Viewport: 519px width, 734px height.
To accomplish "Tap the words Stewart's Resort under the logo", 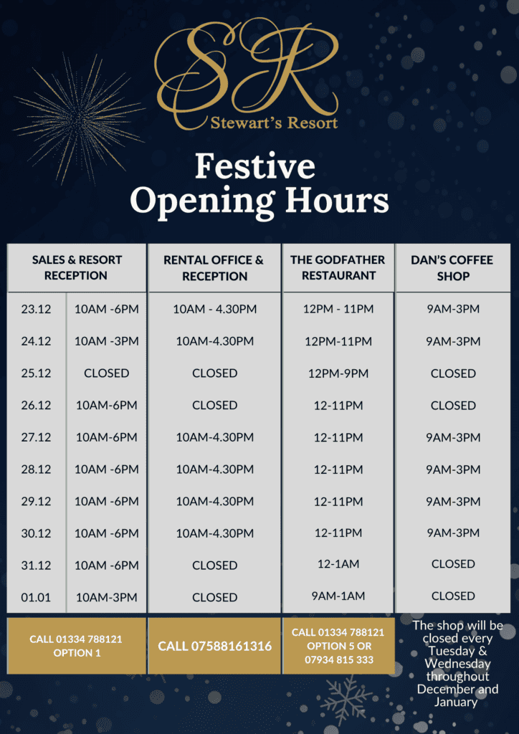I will pyautogui.click(x=274, y=123).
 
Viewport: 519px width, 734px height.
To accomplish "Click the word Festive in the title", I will pyautogui.click(x=255, y=166).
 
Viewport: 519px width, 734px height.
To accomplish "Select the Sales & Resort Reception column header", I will pyautogui.click(x=77, y=267).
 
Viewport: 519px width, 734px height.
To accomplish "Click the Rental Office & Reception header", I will pyautogui.click(x=214, y=267).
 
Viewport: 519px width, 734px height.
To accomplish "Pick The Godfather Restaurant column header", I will pyautogui.click(x=338, y=267).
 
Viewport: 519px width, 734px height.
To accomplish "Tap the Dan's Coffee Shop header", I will pyautogui.click(x=452, y=267).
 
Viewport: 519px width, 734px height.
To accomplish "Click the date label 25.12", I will pyautogui.click(x=36, y=373).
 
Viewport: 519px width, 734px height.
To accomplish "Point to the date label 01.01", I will pyautogui.click(x=36, y=597).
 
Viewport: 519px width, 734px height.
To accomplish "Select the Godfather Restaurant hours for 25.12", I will pyautogui.click(x=338, y=373).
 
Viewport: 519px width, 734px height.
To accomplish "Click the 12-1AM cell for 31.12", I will pyautogui.click(x=338, y=565).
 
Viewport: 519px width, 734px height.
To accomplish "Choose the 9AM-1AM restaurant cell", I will pyautogui.click(x=338, y=596).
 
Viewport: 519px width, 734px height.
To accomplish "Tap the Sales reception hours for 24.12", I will pyautogui.click(x=106, y=341).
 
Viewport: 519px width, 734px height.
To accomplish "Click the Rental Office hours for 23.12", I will pyautogui.click(x=214, y=310).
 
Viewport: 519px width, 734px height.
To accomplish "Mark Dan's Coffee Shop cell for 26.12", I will pyautogui.click(x=453, y=405).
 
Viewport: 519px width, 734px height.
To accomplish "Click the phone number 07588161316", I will pyautogui.click(x=215, y=647).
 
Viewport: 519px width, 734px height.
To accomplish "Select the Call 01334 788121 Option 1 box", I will pyautogui.click(x=76, y=646).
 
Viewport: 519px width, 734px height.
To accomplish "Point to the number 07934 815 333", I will pyautogui.click(x=339, y=659).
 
